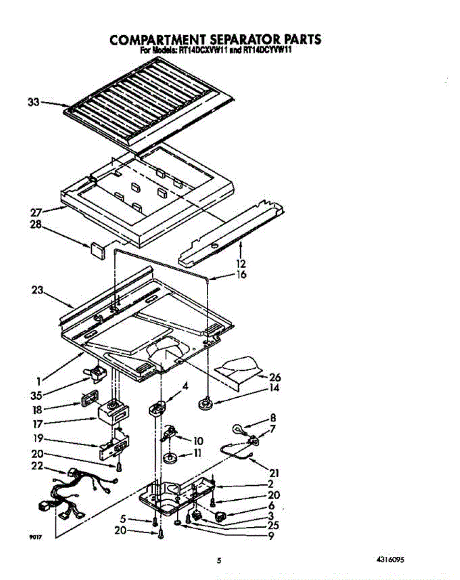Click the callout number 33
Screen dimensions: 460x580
[x=32, y=102]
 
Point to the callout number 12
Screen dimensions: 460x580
[x=241, y=264]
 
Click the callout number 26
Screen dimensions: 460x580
[x=275, y=377]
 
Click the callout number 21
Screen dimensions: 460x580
[x=274, y=473]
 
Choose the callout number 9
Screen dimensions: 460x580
[x=271, y=536]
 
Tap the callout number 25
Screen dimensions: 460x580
[x=273, y=525]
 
